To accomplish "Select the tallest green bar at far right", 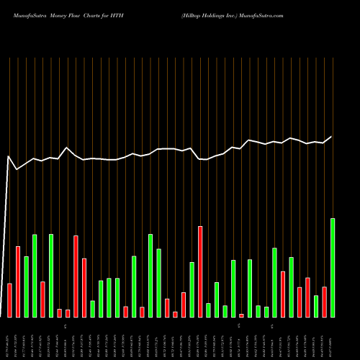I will pos(333,267).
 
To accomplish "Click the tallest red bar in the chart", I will pos(200,271).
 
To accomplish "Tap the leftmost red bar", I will pos(9,300).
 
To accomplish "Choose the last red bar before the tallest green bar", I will pos(324,302).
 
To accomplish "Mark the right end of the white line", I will pos(332,136).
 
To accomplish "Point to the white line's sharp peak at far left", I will pos(9,156).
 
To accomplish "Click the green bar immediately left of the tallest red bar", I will pos(192,289).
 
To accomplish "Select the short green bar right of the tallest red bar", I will pos(208,310).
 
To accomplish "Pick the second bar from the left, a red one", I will pos(18,282).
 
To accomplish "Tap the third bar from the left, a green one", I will pos(26,287).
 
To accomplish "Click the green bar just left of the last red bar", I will pos(316,306).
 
